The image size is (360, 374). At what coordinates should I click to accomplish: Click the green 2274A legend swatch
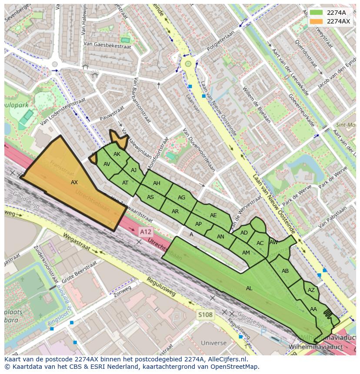click(x=316, y=13)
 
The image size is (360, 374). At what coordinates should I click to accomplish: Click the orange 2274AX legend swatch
click(x=316, y=21)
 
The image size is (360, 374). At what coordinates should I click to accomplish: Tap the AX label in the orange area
click(x=74, y=182)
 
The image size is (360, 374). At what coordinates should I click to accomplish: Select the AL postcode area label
click(x=249, y=288)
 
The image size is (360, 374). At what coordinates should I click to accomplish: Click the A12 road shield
click(x=146, y=232)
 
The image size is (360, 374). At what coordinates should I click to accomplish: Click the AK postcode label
click(x=117, y=154)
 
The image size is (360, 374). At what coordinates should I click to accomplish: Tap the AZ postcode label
click(x=311, y=290)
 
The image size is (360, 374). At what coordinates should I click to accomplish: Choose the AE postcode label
click(x=213, y=215)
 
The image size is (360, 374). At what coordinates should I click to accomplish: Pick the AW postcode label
click(x=273, y=242)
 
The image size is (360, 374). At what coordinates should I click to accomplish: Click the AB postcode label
click(x=285, y=271)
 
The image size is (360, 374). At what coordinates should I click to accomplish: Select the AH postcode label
click(x=157, y=183)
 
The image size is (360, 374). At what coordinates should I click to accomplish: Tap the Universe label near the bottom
click(x=214, y=343)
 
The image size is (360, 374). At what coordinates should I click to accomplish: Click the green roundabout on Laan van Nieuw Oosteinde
click(x=188, y=64)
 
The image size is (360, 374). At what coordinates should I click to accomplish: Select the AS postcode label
click(x=150, y=197)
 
